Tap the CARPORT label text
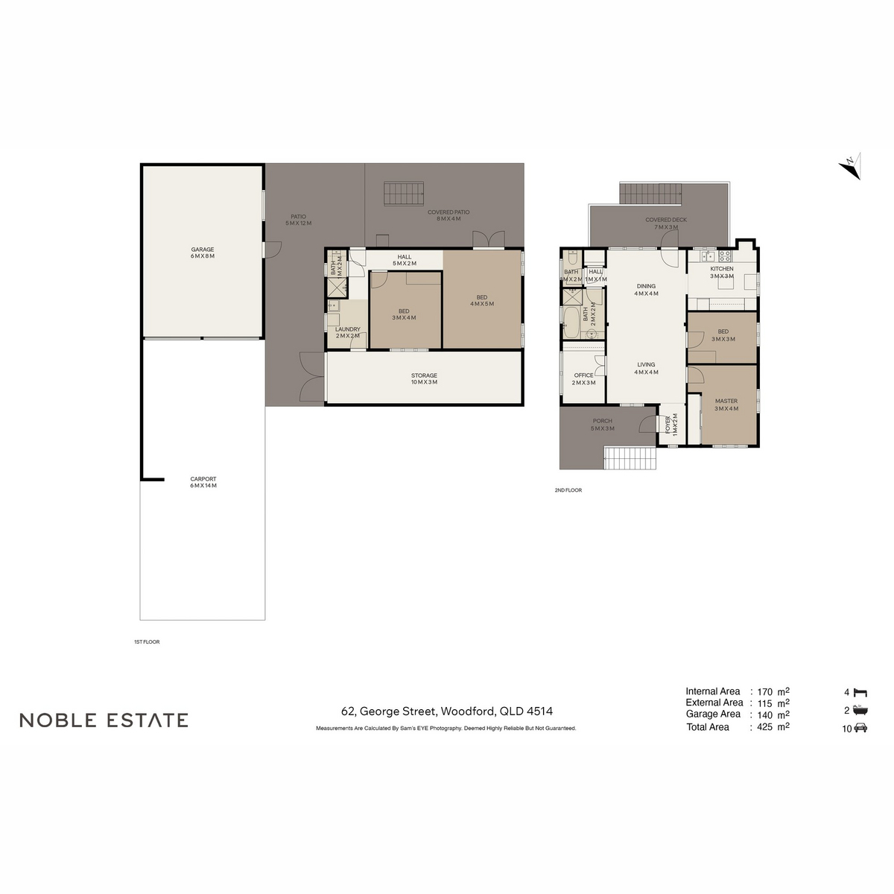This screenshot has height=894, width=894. [x=203, y=480]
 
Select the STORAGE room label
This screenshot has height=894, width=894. [x=424, y=376]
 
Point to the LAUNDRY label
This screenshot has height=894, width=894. [x=348, y=329]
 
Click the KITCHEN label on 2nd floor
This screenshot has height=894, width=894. [x=721, y=269]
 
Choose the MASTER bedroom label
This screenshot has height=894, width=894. [x=726, y=402]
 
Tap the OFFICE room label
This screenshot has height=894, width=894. [x=584, y=375]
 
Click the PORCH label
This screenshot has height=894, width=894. [x=603, y=422]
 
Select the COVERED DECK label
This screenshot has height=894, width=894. [x=666, y=221]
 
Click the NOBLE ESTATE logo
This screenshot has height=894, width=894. [x=104, y=720]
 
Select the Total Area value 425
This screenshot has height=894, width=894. [x=764, y=727]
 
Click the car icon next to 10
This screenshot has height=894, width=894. [x=860, y=729]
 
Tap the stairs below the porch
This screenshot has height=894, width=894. [x=630, y=457]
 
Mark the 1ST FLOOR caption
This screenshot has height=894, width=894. [x=147, y=641]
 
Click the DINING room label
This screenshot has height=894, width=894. [x=646, y=286]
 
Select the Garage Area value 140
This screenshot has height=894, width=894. [x=764, y=714]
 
